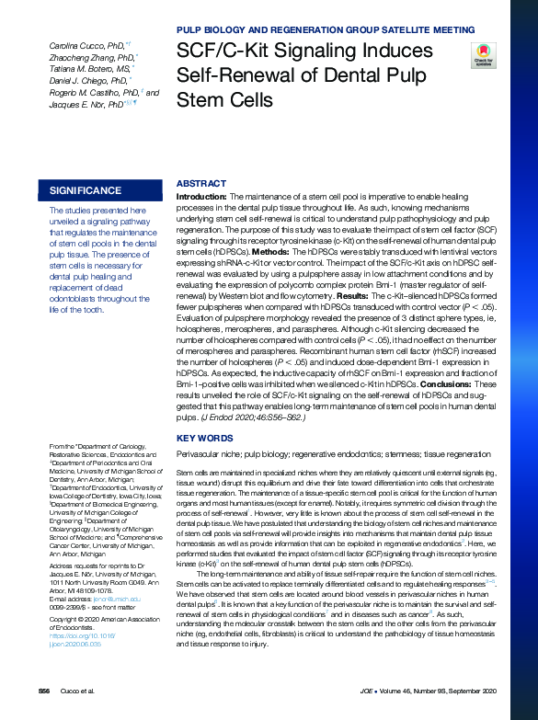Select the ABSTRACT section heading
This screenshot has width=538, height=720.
click(200, 184)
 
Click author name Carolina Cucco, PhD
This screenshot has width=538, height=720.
click(87, 45)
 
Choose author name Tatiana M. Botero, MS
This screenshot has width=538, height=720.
click(88, 69)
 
